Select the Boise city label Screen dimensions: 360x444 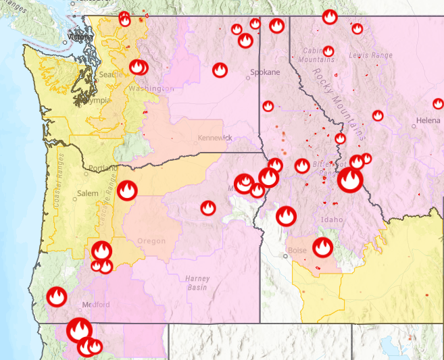pyautogui.click(x=297, y=251)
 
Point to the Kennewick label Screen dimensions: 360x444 pyautogui.click(x=215, y=138)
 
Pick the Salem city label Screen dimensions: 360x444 pyautogui.click(x=87, y=193)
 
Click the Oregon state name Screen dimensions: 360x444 pyautogui.click(x=151, y=241)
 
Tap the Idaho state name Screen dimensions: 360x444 pyautogui.click(x=332, y=220)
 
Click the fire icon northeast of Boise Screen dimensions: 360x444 pyautogui.click(x=323, y=247)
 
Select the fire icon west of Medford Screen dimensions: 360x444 pyautogui.click(x=55, y=297)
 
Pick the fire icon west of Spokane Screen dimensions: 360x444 pyautogui.click(x=220, y=70)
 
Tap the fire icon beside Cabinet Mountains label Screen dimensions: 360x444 pyautogui.click(x=328, y=51)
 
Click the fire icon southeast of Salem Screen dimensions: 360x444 pyautogui.click(x=127, y=190)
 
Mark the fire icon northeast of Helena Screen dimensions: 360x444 pyautogui.click(x=438, y=103)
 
